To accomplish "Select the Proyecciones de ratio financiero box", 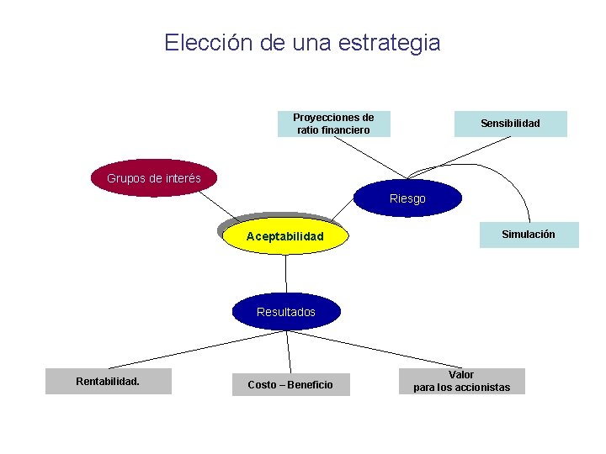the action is (x=334, y=124).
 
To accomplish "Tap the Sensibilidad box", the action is (x=510, y=124).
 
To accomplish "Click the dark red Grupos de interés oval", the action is (x=154, y=178).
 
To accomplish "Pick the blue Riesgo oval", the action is (x=408, y=198).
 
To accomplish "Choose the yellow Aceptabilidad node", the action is (x=284, y=236).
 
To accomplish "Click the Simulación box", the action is (x=529, y=235).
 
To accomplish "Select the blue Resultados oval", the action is (x=286, y=311).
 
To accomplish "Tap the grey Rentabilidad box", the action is (x=108, y=382).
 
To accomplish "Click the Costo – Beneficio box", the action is (x=290, y=384).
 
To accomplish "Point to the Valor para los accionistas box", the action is (x=461, y=381).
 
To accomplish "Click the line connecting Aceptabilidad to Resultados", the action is (x=286, y=273).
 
